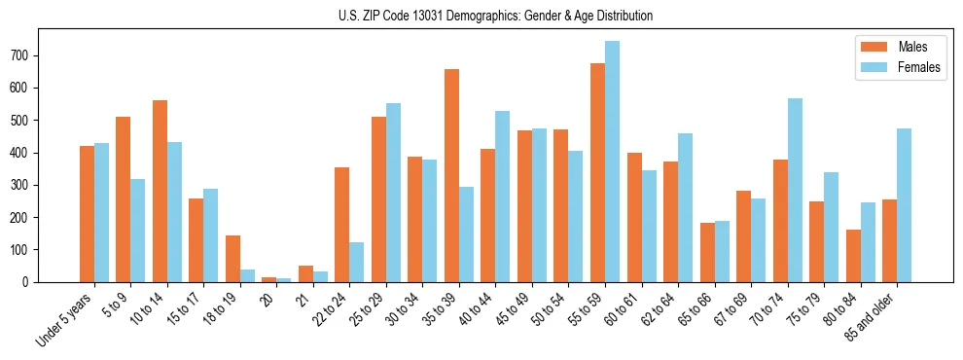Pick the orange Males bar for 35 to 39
[451, 175]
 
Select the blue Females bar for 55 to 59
[612, 162]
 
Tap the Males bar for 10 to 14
[160, 191]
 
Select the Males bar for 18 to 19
[232, 259]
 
